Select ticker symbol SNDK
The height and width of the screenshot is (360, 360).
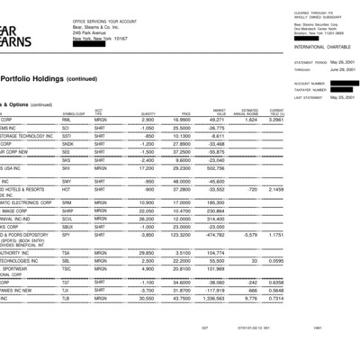coord(67,143)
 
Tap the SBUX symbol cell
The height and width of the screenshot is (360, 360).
coord(67,226)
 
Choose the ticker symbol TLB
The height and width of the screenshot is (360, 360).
coord(66,298)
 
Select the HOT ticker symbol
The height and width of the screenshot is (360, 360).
coord(66,190)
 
